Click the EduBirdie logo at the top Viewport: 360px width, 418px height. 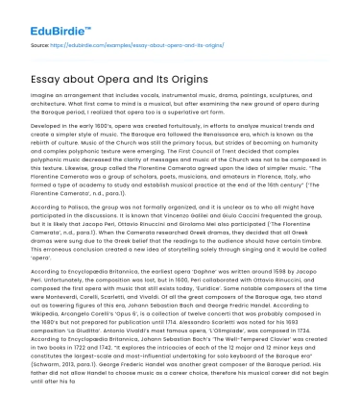(45, 17)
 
